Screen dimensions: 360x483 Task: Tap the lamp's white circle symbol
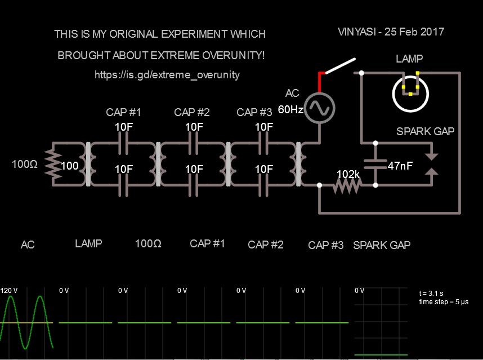coord(410,94)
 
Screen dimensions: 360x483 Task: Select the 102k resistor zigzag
coord(347,185)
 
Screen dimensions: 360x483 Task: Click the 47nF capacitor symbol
coord(376,164)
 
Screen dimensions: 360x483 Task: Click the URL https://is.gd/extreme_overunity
coord(167,74)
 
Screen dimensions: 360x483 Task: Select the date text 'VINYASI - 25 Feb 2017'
coord(391,32)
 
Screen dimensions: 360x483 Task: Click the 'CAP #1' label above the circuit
coord(123,112)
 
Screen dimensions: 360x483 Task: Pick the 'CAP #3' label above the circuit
coord(254,112)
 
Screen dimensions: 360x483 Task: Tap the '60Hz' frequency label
coord(290,109)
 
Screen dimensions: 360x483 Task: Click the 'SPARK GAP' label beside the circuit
coord(425,131)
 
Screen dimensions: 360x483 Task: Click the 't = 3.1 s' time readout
coord(432,294)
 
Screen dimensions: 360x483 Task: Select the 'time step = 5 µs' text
coord(444,302)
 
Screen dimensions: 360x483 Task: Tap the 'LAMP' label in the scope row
coord(88,244)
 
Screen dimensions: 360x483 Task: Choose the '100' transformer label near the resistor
coord(70,166)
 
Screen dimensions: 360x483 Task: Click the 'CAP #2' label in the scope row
coord(266,245)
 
